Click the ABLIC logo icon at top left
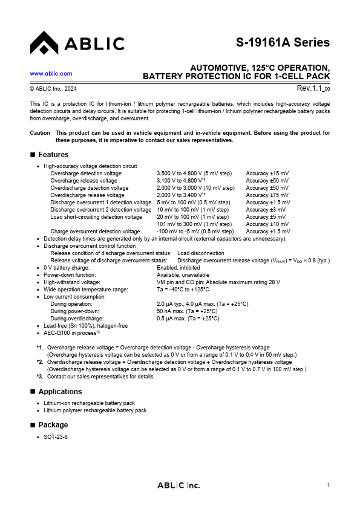44,43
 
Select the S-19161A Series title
283,42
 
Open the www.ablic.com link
51,73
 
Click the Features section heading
54,155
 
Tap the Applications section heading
60,392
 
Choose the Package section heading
53,425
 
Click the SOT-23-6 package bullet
56,436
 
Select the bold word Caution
40,132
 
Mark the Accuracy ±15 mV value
267,173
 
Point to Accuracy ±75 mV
267,195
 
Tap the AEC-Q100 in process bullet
71,332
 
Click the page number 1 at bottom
328,485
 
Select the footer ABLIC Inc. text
178,485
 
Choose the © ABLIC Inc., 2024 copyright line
53,89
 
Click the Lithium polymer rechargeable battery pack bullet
95,410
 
